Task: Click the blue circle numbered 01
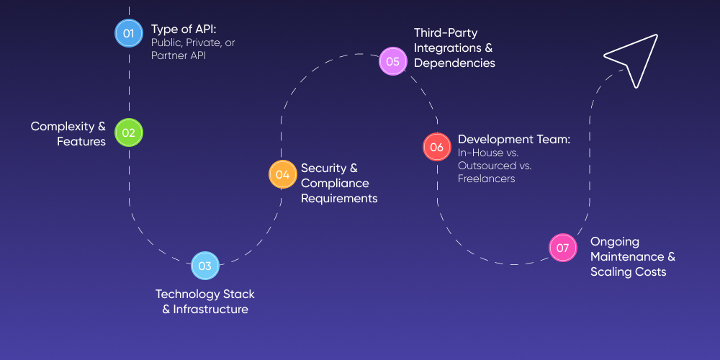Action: (129, 32)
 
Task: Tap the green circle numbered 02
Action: (129, 132)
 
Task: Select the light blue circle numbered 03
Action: (205, 266)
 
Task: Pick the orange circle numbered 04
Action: (283, 174)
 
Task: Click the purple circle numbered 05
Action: (393, 61)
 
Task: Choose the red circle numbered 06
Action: (436, 147)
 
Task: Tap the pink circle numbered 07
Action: (563, 248)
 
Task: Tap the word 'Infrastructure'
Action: (210, 310)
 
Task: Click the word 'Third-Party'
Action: (446, 32)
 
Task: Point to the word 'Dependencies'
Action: (454, 63)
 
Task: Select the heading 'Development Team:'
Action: (514, 139)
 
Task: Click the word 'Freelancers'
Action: (486, 179)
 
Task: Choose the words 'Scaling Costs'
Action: (628, 271)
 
